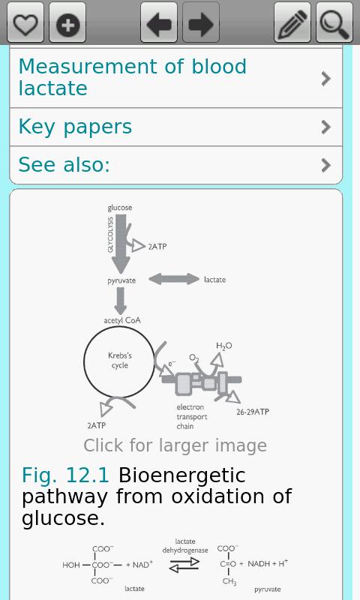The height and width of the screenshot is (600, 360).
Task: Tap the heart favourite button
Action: (25, 22)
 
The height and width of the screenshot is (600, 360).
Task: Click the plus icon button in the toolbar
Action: (67, 22)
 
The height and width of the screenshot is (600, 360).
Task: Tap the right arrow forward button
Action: (201, 22)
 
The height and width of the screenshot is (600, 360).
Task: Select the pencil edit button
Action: (292, 22)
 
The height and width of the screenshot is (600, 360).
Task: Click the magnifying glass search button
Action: (334, 22)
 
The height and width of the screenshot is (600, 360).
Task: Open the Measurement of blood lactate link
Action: (132, 77)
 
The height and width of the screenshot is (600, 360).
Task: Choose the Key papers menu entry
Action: (75, 127)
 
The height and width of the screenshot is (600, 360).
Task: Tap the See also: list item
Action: (64, 165)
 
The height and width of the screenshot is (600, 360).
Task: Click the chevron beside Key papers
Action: (326, 127)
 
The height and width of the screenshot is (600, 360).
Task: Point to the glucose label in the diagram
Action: (120, 208)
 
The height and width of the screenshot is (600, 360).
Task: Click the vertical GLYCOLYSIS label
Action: (110, 235)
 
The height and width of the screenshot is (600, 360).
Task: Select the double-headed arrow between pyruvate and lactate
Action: (174, 279)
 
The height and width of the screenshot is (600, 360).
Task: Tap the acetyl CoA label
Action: (122, 320)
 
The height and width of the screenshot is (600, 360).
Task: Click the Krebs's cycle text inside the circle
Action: (120, 360)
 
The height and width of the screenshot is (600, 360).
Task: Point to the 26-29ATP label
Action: (253, 412)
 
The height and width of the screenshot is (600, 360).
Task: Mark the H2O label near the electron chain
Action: (224, 346)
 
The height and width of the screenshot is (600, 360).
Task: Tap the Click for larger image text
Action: (175, 445)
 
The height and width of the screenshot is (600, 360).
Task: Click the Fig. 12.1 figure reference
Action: (65, 475)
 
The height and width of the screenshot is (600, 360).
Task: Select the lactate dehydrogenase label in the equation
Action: (185, 546)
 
